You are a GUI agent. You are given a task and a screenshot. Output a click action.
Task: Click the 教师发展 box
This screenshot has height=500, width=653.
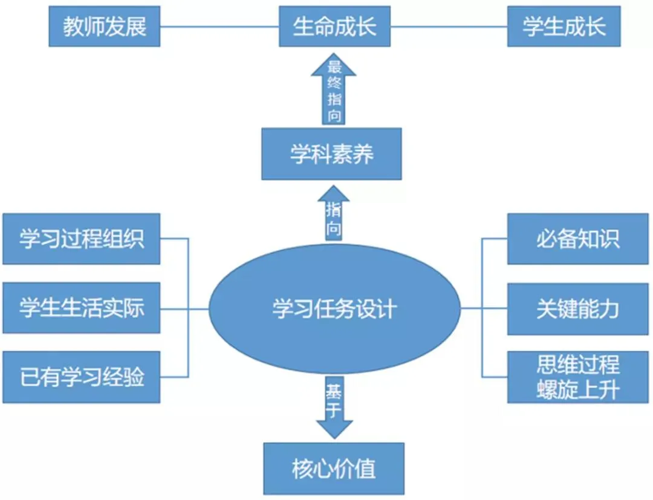pos(104,27)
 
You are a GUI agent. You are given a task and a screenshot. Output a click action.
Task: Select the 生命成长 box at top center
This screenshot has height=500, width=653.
pos(334,27)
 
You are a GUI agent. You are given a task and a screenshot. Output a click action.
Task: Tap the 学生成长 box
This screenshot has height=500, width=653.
pos(564,27)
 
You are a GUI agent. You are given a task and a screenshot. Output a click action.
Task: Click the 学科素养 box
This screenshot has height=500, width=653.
pos(331,154)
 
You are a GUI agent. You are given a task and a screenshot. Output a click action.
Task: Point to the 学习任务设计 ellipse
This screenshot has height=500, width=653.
pos(334,309)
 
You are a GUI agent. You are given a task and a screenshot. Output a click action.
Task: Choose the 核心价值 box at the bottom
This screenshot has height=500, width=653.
pos(334,469)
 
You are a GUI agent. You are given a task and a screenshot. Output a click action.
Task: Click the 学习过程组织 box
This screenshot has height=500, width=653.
pos(81,239)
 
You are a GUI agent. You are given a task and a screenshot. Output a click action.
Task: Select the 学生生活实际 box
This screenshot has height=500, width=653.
pos(81,308)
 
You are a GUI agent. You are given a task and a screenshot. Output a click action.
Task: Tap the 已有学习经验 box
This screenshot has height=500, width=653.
pos(81,377)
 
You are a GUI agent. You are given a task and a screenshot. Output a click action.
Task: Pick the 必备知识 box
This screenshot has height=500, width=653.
pos(577,239)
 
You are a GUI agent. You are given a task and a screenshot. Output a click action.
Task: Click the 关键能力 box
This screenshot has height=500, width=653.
pos(577,309)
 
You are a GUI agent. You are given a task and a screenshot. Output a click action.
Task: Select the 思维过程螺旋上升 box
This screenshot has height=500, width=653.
pos(577,377)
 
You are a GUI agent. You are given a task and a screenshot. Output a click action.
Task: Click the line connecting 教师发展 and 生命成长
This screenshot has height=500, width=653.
pos(219,27)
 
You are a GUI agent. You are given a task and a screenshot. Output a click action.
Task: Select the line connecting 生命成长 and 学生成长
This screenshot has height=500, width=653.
pos(449,27)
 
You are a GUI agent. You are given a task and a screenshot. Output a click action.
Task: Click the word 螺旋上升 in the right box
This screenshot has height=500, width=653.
pos(577,390)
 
